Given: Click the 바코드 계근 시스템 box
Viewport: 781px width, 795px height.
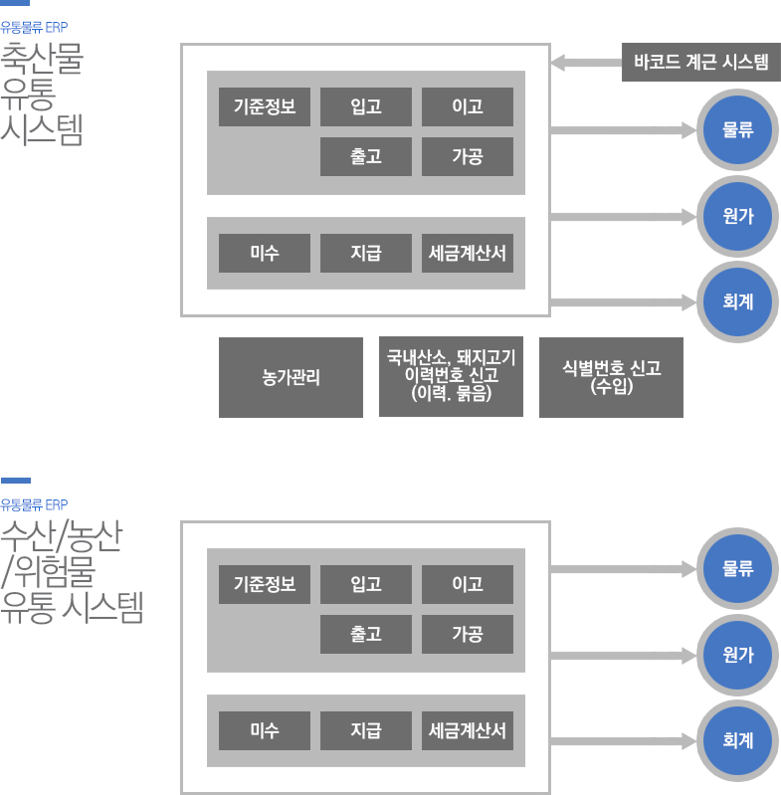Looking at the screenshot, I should (x=700, y=63).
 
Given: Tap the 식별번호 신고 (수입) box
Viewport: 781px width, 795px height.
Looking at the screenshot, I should (x=611, y=377).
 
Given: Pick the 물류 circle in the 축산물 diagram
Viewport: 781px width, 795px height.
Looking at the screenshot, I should (x=737, y=129).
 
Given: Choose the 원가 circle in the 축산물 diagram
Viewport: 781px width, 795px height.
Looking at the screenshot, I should (x=737, y=216).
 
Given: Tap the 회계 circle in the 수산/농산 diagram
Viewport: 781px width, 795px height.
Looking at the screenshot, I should (x=737, y=740).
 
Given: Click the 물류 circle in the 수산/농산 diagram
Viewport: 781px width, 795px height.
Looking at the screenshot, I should (x=737, y=569).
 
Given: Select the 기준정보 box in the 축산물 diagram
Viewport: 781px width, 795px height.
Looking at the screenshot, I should (x=265, y=106).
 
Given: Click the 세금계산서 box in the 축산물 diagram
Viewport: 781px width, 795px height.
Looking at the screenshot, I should (x=467, y=253).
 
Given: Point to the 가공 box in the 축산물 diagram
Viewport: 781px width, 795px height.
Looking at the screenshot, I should (x=467, y=156).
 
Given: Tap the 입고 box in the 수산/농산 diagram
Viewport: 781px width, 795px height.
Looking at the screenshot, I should (x=365, y=584).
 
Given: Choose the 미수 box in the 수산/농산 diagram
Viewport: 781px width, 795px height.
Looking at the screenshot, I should (x=265, y=730).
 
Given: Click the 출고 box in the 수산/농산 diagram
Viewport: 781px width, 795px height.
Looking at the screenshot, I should (x=365, y=634).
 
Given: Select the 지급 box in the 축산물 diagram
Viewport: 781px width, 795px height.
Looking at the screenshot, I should (x=365, y=253).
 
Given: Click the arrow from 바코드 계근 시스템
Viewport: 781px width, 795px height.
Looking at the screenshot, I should (x=586, y=63).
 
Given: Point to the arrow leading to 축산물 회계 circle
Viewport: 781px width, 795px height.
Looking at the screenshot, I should (x=622, y=301).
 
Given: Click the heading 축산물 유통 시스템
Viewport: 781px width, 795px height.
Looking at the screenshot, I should (x=42, y=94).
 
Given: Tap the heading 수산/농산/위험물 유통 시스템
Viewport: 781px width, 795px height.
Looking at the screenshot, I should (x=72, y=571).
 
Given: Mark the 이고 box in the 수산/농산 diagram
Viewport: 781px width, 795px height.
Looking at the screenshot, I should (x=467, y=584).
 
